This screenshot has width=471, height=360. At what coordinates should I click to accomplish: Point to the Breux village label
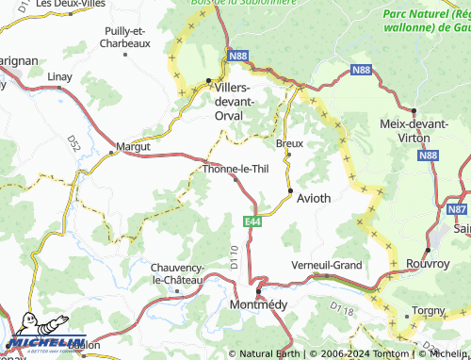[x=289, y=143]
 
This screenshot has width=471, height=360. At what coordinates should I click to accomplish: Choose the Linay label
[x=59, y=75]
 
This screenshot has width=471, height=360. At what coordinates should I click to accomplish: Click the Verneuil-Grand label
[x=327, y=265]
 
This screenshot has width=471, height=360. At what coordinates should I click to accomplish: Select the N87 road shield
[x=457, y=209]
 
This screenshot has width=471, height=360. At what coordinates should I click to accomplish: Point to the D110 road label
[x=235, y=254]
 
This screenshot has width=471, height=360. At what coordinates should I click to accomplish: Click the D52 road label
[x=73, y=143]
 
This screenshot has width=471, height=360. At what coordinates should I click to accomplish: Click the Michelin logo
[x=43, y=344]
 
